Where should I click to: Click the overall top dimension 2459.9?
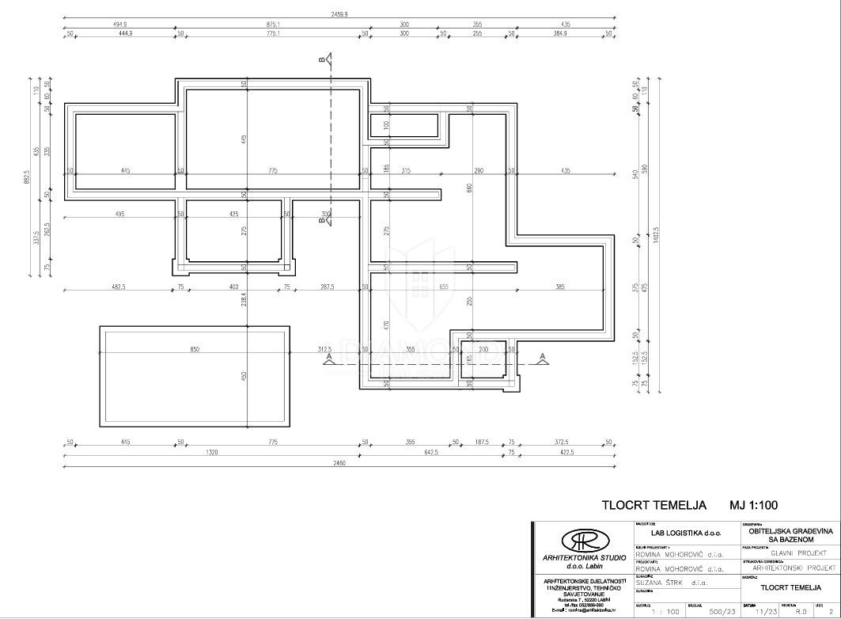click(339, 13)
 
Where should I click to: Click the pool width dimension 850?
click(195, 349)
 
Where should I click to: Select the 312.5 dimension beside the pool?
click(325, 349)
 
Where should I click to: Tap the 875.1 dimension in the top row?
click(273, 24)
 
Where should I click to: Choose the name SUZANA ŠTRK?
click(661, 582)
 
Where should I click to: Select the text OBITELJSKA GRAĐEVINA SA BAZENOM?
click(788, 534)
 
